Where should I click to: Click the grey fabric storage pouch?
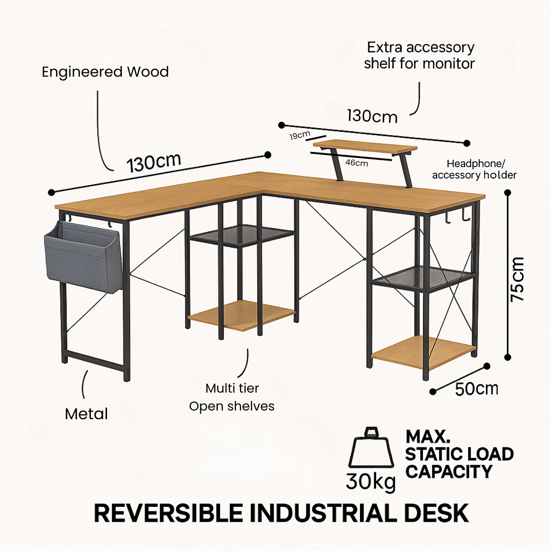pos(83,257)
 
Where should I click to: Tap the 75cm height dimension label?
pos(517,279)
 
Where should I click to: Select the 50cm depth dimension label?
pos(476,388)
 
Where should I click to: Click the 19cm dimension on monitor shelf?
pos(299,135)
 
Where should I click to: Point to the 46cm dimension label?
pos(357,163)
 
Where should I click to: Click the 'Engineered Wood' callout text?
pos(105,72)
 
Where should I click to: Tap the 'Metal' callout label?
pos(86,414)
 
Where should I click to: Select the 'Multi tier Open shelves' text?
pos(232,397)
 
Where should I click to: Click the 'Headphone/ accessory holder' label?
pos(474,169)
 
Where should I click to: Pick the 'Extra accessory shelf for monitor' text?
pos(419,55)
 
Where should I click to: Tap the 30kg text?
pos(371,482)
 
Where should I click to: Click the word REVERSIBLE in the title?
pos(168,513)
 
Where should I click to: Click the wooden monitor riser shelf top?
pos(365,147)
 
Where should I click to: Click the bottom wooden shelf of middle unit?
pos(241,315)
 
